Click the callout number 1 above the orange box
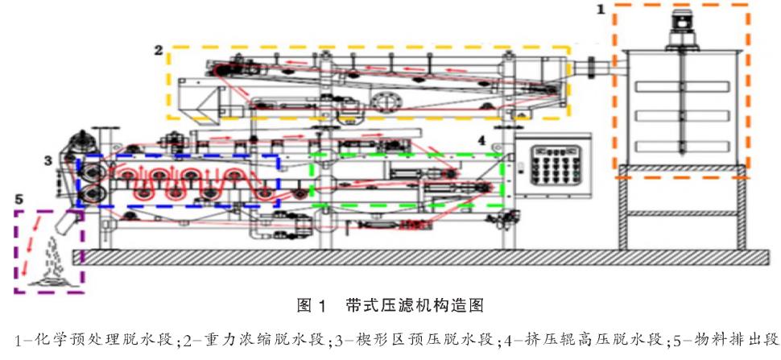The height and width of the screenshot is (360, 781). coord(599,9)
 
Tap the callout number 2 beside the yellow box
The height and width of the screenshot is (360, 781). coord(159,50)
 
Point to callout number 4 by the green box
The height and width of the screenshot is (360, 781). coord(481,140)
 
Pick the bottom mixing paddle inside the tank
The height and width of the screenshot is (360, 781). coord(680,145)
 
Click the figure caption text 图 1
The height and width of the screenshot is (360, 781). coord(312,306)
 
